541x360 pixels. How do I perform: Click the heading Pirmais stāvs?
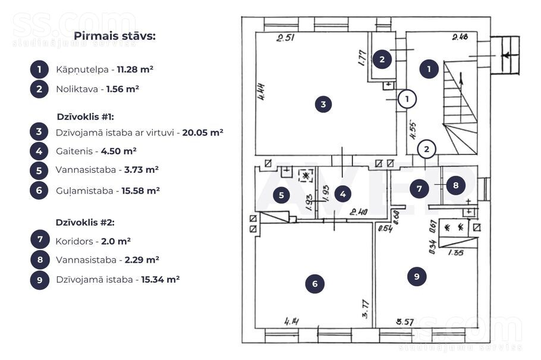(x=115, y=36)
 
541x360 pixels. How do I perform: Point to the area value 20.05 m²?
(x=203, y=132)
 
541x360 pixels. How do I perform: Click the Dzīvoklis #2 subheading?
(x=85, y=223)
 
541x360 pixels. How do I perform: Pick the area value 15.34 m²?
(x=160, y=279)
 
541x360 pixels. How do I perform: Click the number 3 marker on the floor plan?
(x=323, y=105)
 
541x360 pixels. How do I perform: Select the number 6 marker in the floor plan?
(x=314, y=284)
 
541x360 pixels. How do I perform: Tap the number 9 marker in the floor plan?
(x=417, y=276)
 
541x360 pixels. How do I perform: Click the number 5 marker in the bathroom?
(x=282, y=194)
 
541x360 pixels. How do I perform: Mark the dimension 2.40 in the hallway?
(x=358, y=211)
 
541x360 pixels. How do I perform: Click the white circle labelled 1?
(x=407, y=99)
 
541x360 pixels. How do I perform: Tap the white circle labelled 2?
(x=426, y=149)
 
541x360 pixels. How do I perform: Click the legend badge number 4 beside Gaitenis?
(x=39, y=151)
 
